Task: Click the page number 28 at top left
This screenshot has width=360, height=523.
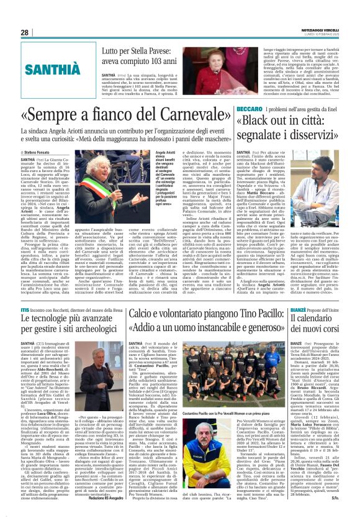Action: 25,32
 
